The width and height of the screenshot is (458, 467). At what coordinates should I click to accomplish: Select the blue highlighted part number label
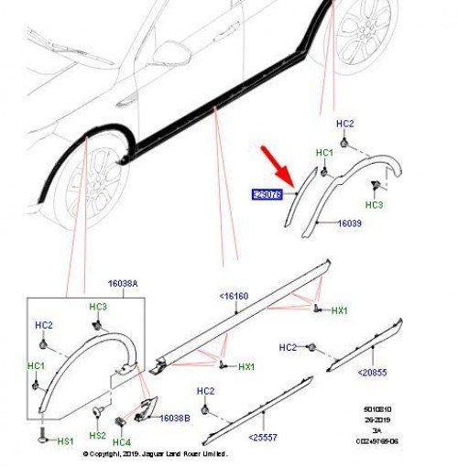267,194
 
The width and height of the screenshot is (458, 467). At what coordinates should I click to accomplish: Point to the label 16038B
174,418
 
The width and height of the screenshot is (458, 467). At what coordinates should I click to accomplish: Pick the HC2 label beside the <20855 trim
288,347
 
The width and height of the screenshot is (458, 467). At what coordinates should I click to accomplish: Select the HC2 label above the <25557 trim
205,391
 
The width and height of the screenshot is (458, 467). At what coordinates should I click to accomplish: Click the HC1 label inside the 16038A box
36,367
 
